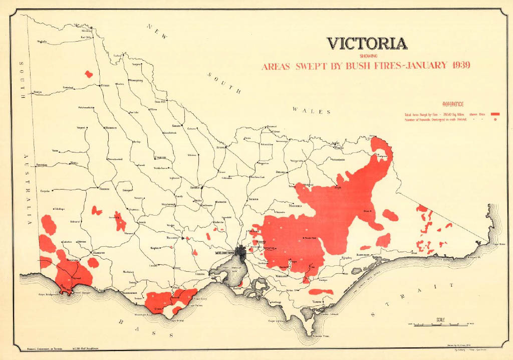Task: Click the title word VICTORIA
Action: point(367,44)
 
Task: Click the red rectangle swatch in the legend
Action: point(496,115)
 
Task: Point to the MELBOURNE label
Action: point(224,253)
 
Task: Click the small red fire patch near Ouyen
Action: point(89,74)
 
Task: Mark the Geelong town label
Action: point(200,275)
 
